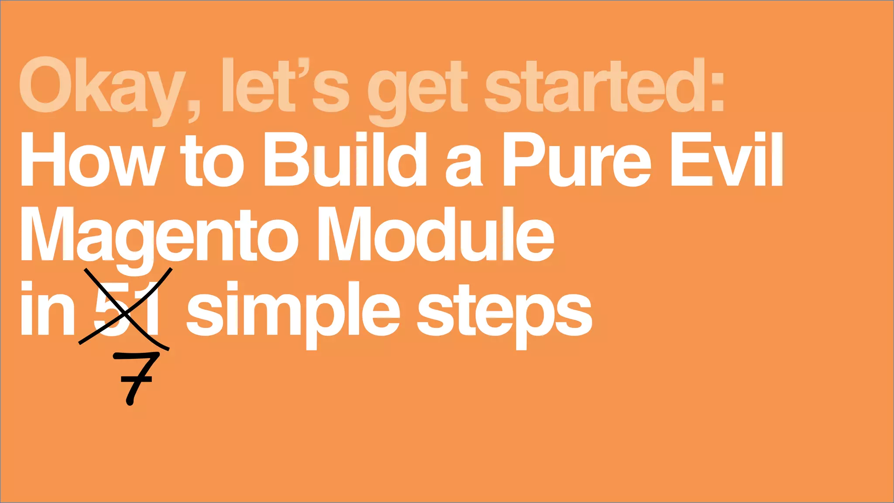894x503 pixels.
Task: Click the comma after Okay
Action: (x=193, y=111)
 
